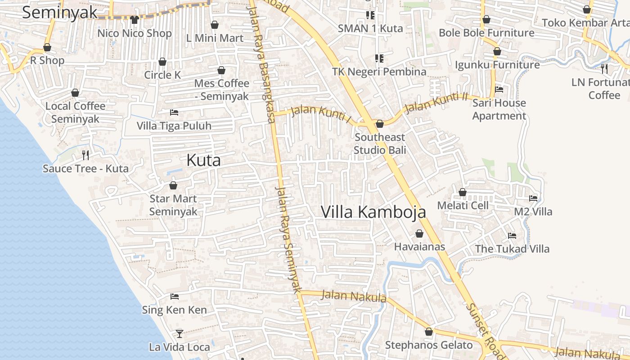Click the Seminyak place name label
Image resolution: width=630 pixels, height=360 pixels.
point(60,13)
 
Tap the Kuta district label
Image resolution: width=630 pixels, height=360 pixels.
point(203,160)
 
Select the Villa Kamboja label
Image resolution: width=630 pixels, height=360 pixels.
point(373,212)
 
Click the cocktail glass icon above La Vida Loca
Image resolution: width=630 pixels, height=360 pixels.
point(180,333)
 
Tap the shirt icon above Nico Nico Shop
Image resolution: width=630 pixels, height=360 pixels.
point(134,20)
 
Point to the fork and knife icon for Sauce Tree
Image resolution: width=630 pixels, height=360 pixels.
point(85,155)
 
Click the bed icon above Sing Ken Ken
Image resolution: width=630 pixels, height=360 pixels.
point(175,297)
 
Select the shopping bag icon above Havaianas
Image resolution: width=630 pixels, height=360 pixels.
point(419,234)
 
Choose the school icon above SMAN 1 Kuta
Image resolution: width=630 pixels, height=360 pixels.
point(370,15)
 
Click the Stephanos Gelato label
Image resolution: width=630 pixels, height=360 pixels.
point(429,345)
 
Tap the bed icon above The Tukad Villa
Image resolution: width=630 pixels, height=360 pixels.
point(512,235)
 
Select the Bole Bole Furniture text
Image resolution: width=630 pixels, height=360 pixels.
point(486,33)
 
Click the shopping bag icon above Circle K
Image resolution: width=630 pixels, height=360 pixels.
point(162,62)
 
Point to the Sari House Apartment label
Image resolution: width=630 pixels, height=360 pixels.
point(499,109)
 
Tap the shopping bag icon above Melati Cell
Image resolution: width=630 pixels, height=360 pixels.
point(463,193)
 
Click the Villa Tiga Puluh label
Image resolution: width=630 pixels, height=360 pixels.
point(174,126)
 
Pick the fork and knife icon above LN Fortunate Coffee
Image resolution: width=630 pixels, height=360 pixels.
point(604,69)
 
